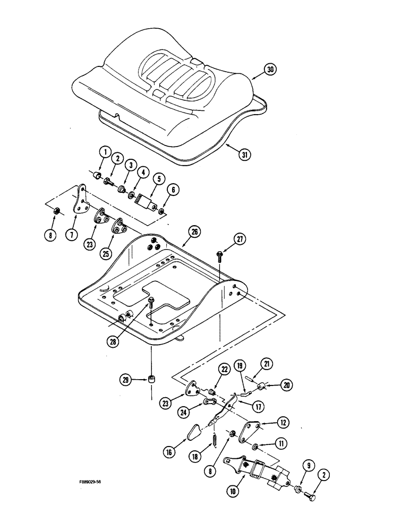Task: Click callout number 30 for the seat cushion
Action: (270, 69)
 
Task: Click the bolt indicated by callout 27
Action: (219, 256)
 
